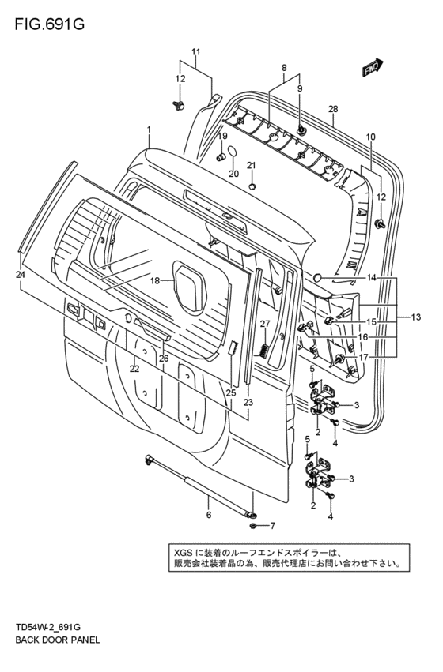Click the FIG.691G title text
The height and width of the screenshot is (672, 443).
49,24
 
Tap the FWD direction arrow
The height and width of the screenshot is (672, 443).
373,67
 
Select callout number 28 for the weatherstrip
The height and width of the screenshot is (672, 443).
333,109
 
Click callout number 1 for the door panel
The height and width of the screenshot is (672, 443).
149,129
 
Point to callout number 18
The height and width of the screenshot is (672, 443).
155,280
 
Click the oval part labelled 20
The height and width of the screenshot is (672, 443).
232,152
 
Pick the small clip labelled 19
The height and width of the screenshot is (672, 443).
221,156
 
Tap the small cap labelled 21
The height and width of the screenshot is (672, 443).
252,186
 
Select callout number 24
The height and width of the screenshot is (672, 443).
21,275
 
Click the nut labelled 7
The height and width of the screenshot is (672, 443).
253,525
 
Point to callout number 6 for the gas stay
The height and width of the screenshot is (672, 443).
209,515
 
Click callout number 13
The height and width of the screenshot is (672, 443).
415,317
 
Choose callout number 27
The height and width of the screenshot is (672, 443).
264,324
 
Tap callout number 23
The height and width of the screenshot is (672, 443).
248,403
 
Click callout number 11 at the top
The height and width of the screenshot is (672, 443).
195,52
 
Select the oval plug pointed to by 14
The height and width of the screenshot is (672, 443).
318,277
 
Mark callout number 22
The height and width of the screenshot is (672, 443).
134,369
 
